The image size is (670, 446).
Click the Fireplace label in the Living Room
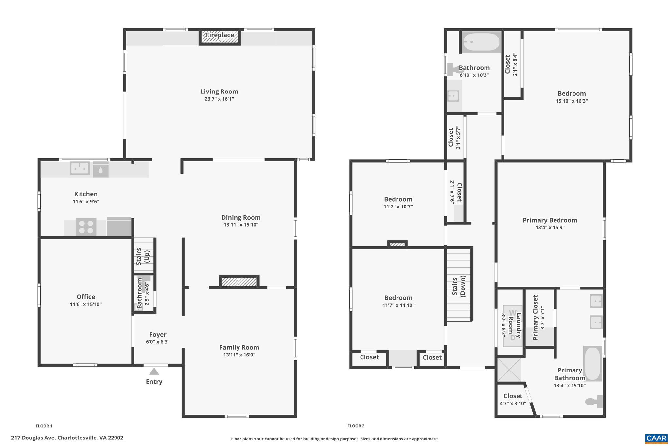[220, 35]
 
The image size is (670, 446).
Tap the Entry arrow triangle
[154, 372]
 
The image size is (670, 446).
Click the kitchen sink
[79, 169]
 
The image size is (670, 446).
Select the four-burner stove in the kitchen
[86, 227]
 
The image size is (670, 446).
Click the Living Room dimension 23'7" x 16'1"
[219, 99]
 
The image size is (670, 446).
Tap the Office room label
[86, 297]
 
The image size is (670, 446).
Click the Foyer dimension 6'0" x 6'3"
[158, 342]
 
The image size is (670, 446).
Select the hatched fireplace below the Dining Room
[239, 282]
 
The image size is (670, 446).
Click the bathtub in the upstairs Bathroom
[481, 42]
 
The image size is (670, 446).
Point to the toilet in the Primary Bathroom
[594, 401]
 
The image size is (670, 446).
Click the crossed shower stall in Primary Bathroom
[509, 370]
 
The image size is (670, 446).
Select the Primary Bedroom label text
[550, 220]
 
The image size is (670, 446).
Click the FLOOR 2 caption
[356, 426]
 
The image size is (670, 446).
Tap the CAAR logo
[656, 438]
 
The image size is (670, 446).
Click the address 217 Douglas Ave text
[67, 438]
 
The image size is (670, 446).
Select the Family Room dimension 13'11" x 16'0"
[239, 355]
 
